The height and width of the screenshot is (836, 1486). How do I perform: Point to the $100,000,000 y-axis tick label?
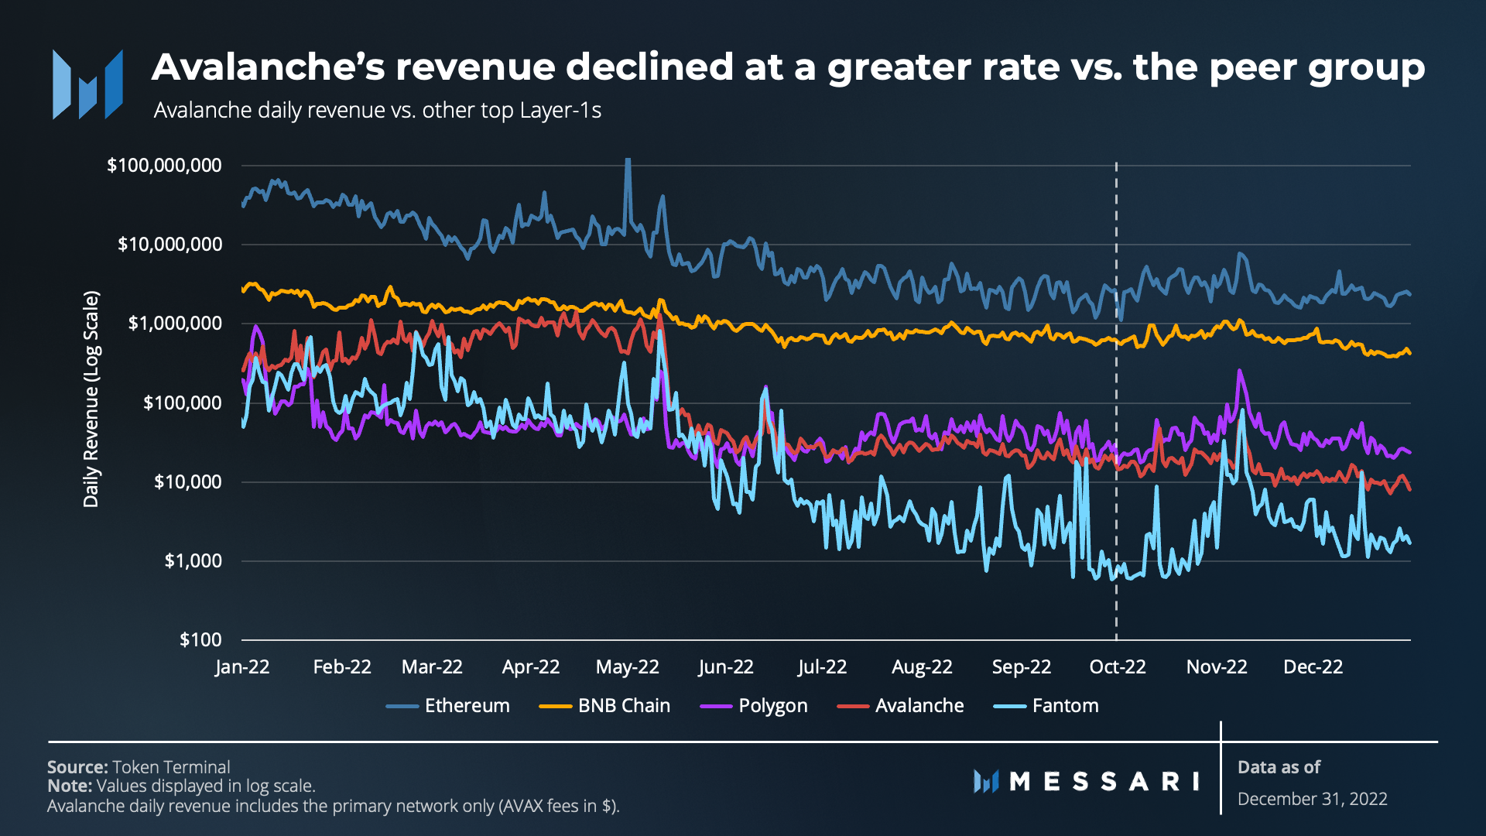pyautogui.click(x=164, y=166)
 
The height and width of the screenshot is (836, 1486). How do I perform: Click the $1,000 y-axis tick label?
pyautogui.click(x=193, y=561)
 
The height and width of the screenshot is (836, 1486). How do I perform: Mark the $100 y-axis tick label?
pyautogui.click(x=200, y=640)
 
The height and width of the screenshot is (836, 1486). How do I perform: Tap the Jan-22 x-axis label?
pyautogui.click(x=242, y=667)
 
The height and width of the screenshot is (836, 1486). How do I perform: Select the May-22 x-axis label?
pyautogui.click(x=627, y=667)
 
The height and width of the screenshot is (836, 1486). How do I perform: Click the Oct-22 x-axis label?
pyautogui.click(x=1117, y=667)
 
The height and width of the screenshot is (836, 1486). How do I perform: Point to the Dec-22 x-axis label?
pyautogui.click(x=1313, y=667)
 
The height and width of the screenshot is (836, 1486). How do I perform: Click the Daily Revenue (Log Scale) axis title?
pyautogui.click(x=91, y=399)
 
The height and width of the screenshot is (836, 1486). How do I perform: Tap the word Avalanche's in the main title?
pyautogui.click(x=268, y=67)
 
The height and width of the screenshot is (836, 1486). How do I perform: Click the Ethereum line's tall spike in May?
pyautogui.click(x=628, y=163)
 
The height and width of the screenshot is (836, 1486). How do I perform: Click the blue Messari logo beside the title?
pyautogui.click(x=87, y=84)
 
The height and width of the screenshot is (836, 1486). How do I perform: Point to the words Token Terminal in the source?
pyautogui.click(x=171, y=767)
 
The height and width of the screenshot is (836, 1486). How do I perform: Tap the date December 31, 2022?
pyautogui.click(x=1312, y=799)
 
